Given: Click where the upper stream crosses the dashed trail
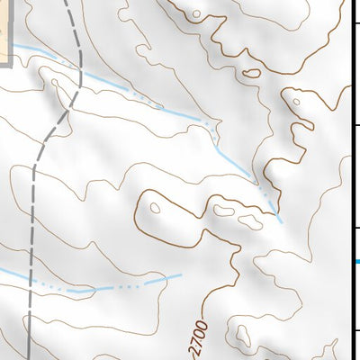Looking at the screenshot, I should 79,71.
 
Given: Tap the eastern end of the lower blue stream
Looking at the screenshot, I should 181,275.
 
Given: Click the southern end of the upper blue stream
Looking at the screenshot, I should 281,221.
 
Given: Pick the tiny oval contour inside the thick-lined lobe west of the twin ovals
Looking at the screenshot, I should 155,209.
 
